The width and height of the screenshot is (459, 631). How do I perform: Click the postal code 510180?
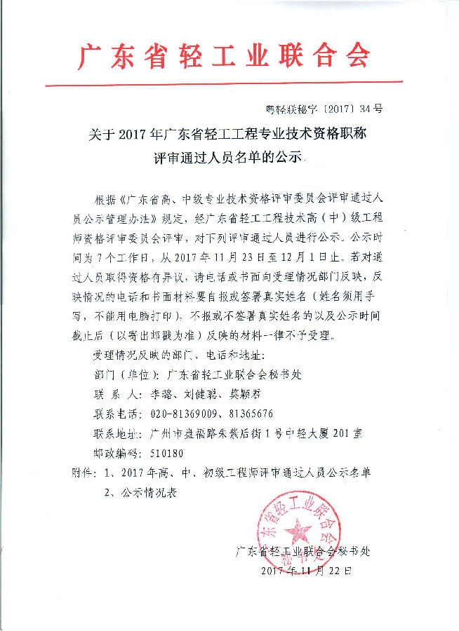(x=167, y=454)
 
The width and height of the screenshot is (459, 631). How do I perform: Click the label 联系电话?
(x=116, y=413)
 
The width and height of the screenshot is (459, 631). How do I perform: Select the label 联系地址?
(x=116, y=433)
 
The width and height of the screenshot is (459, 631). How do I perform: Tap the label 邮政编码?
(x=116, y=454)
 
